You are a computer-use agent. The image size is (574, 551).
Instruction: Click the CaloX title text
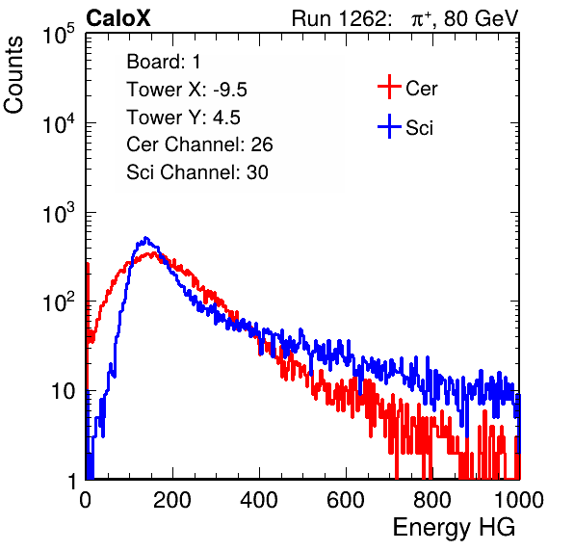point(118,18)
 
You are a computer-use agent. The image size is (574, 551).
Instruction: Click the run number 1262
point(362,18)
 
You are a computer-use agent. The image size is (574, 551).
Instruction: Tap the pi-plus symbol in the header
point(420,18)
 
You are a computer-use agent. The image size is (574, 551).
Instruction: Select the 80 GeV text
point(482,18)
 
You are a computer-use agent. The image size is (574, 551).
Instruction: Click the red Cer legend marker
point(389,87)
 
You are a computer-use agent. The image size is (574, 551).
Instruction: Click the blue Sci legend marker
point(389,126)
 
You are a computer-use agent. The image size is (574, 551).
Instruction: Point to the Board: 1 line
point(164,62)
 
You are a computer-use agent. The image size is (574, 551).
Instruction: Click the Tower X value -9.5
point(230,90)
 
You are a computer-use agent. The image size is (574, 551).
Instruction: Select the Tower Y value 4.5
point(226,118)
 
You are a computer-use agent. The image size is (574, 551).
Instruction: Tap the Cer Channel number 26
point(262,144)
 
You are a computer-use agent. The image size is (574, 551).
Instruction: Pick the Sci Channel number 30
point(257,172)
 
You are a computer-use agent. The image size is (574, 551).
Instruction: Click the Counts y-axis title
point(13,75)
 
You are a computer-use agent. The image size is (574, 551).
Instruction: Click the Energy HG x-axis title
point(454,527)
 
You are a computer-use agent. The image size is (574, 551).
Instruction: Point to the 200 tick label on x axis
point(172,500)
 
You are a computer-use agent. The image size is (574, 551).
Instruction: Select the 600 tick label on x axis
point(346,500)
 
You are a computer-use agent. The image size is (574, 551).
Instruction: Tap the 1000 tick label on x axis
point(519,500)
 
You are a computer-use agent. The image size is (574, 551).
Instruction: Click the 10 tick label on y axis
point(64,391)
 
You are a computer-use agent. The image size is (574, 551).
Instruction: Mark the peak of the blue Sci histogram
point(146,238)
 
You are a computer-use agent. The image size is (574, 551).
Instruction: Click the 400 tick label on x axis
point(259,500)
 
